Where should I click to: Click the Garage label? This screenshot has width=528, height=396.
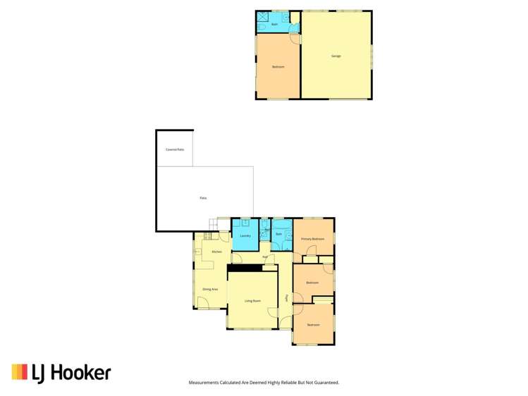point(336,56)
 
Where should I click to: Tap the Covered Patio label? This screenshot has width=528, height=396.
point(175,149)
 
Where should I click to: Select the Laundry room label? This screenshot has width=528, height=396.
point(245,235)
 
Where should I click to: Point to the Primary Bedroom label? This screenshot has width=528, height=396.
point(313,239)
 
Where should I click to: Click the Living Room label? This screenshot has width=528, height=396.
point(252,301)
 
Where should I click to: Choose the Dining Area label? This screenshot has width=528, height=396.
point(210,289)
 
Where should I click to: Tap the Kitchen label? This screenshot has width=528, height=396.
point(217,252)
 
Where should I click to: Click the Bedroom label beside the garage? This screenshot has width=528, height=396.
point(278,67)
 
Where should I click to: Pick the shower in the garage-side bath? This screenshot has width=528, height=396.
point(262,15)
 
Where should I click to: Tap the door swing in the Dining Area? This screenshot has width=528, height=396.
point(202,303)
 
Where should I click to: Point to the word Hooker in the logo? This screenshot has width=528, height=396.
point(80,372)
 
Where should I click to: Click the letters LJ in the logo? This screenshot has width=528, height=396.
point(39,372)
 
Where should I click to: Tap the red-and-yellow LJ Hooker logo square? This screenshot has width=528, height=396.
point(19,372)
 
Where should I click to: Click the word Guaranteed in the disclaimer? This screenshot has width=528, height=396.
point(326,383)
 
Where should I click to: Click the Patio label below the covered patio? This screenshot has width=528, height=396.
point(203,198)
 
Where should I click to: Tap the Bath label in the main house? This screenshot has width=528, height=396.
point(279,233)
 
